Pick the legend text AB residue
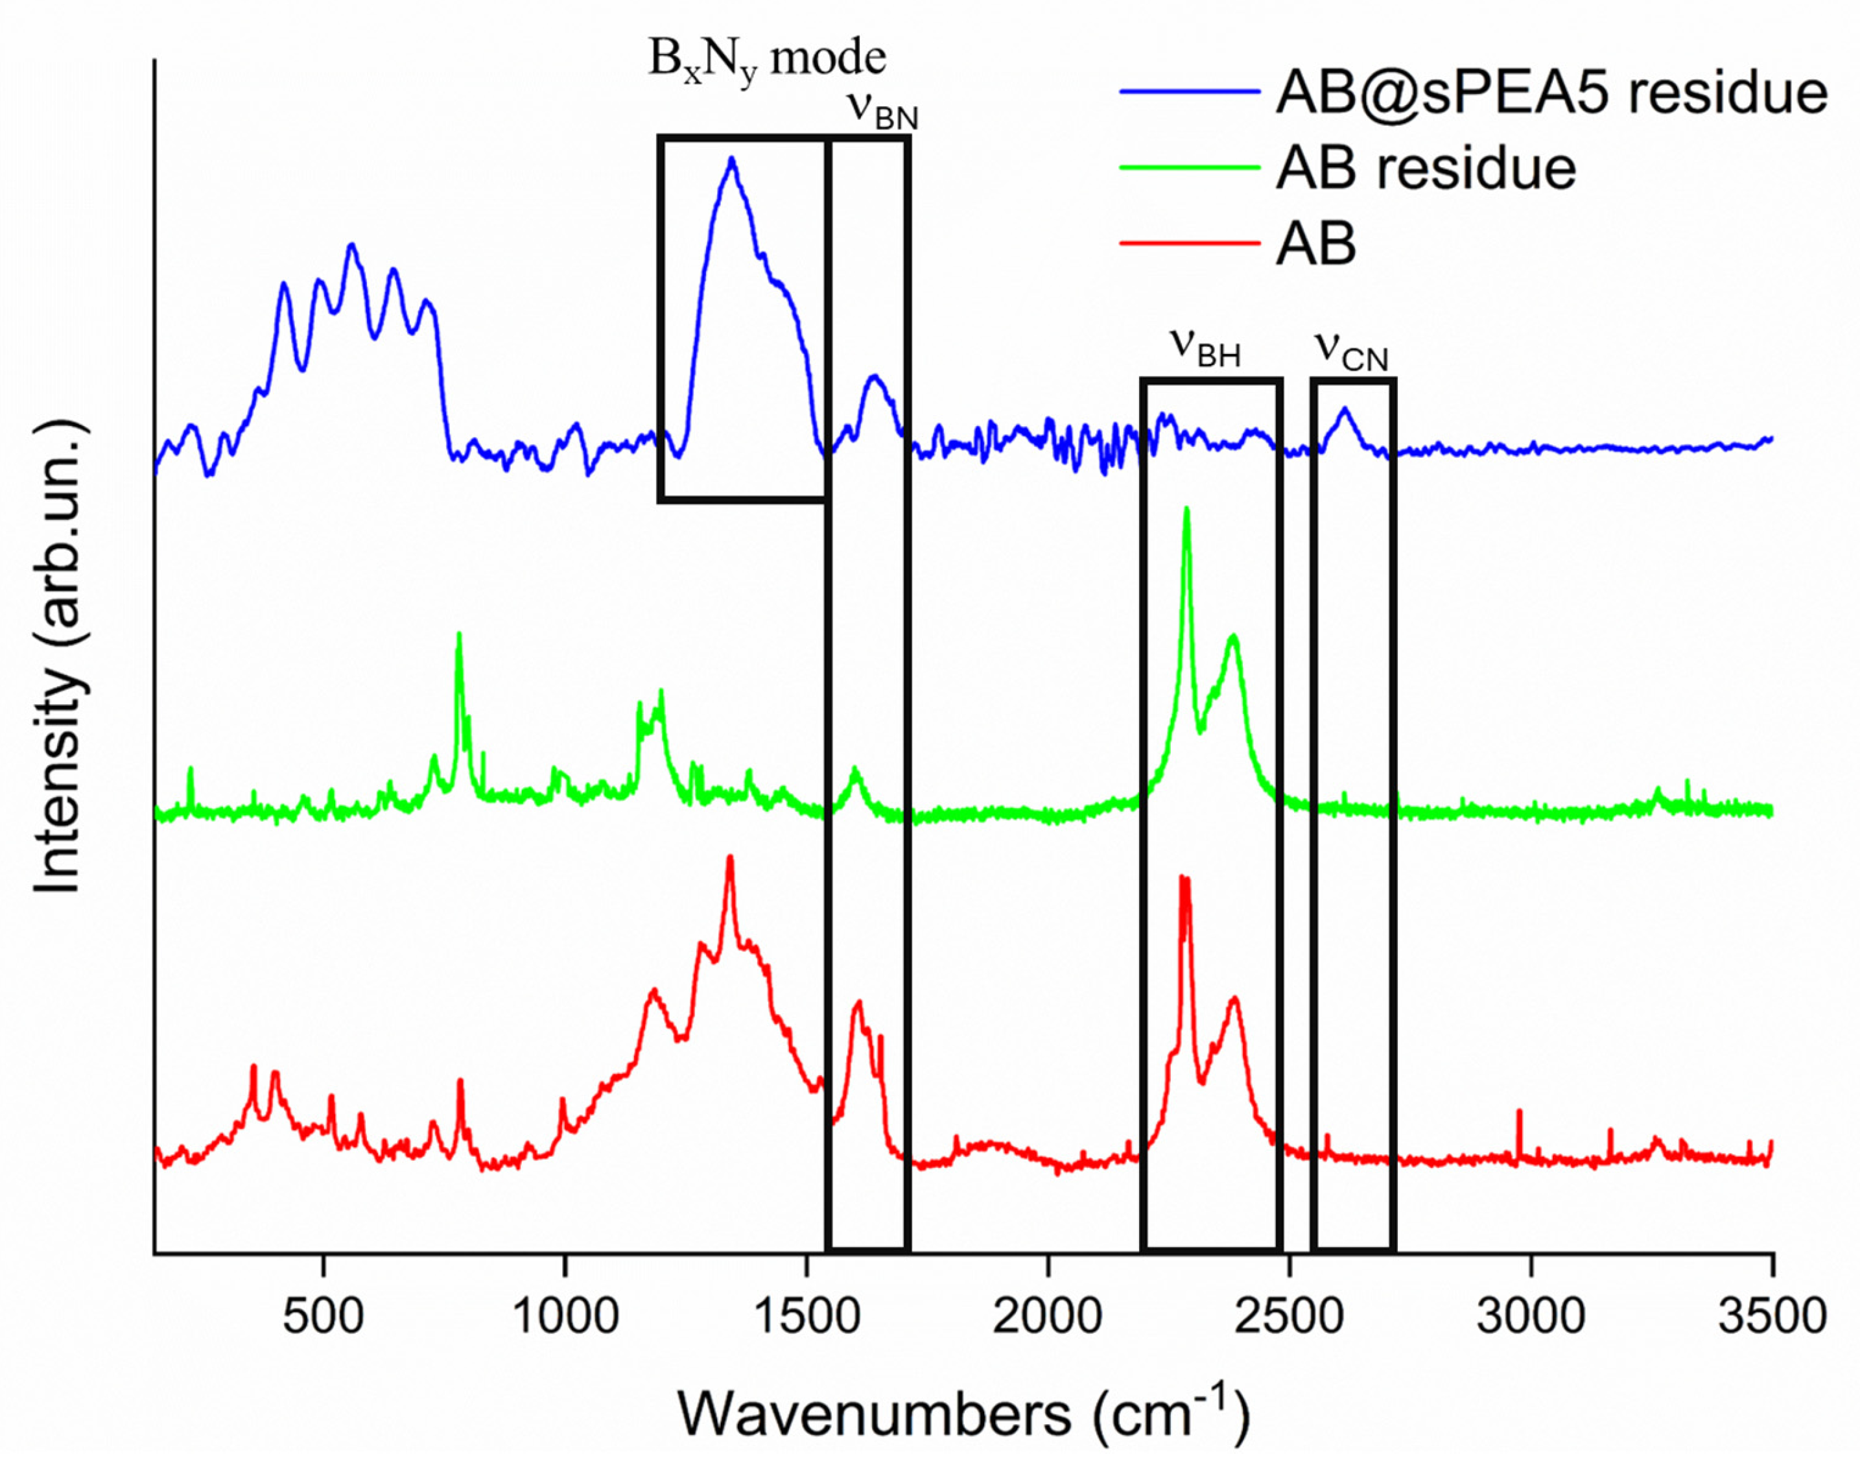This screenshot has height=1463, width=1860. point(1426,168)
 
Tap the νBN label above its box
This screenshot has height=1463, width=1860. point(882,112)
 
